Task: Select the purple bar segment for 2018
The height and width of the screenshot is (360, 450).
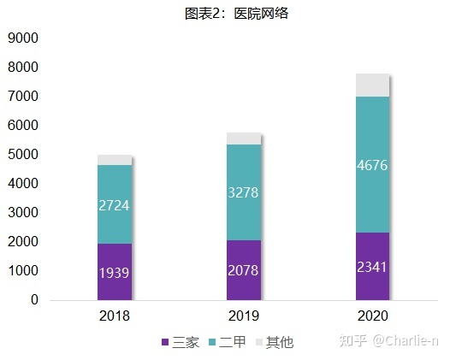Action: (x=114, y=257)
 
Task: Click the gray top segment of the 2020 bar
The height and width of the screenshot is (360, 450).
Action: (x=372, y=86)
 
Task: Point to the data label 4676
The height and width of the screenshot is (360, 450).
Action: (x=372, y=165)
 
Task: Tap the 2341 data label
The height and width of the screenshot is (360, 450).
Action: (x=372, y=266)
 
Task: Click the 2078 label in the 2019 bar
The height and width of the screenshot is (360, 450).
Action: (x=243, y=270)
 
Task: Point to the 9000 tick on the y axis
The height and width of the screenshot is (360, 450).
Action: (x=23, y=38)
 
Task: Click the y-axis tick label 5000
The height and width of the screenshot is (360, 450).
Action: (x=23, y=155)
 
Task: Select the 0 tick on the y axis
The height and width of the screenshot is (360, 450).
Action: (x=34, y=300)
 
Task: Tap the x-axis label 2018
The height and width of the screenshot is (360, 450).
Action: (x=114, y=316)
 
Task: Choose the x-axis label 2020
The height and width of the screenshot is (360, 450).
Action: (x=372, y=316)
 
